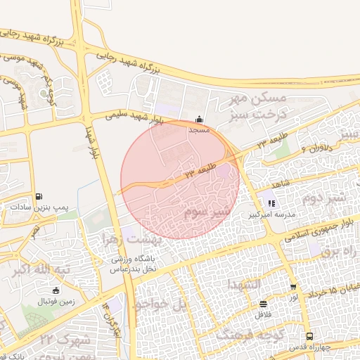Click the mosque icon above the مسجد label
[200, 119]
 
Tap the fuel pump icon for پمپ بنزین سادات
[38, 196]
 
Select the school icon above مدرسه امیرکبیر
[271, 203]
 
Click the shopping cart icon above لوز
[293, 287]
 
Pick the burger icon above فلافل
[263, 304]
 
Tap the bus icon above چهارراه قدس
[310, 337]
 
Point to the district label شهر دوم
[323, 198]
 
